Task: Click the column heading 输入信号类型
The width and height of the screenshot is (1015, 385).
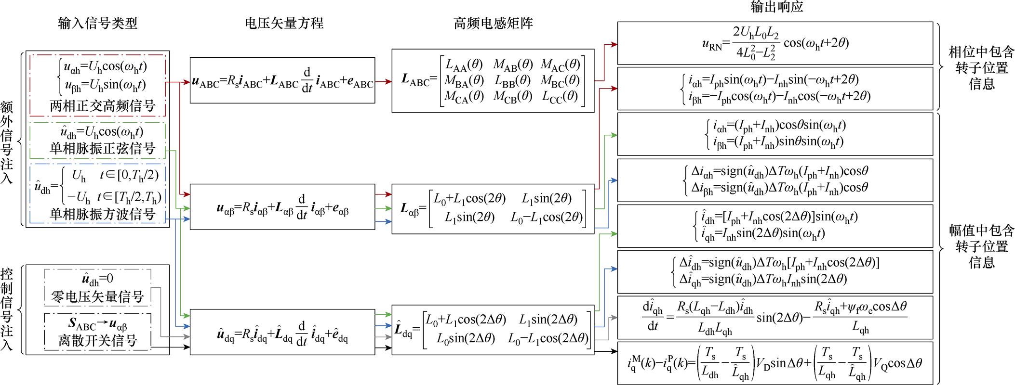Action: coord(98,24)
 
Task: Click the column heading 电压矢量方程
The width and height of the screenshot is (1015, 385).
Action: coord(284,24)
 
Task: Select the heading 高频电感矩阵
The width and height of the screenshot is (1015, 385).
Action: coord(493,24)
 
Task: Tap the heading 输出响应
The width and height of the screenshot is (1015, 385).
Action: coord(776,7)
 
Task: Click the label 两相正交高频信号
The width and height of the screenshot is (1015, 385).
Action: coord(103,106)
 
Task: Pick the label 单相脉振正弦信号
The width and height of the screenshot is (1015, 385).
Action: coord(103,148)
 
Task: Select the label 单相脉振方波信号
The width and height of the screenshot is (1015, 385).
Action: coord(103,214)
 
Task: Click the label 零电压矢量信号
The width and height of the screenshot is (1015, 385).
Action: coord(98,297)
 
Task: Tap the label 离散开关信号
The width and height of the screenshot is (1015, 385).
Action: coord(98,341)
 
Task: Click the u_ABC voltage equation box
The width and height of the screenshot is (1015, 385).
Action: coord(282,80)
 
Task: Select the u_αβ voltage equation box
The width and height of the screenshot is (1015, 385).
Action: coord(282,206)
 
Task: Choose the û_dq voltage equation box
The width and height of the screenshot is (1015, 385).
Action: coord(282,332)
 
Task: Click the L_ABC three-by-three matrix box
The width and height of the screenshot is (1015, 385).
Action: coord(493,80)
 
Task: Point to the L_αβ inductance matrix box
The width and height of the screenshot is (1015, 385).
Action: coord(493,209)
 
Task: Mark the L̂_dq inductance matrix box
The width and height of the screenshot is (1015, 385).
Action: coord(493,330)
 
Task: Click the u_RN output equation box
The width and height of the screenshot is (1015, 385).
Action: coord(775,43)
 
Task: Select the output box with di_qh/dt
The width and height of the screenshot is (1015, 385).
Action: coord(775,318)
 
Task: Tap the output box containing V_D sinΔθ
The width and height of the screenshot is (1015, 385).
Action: coord(775,363)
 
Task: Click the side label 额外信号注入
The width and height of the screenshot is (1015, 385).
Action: coord(7,142)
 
